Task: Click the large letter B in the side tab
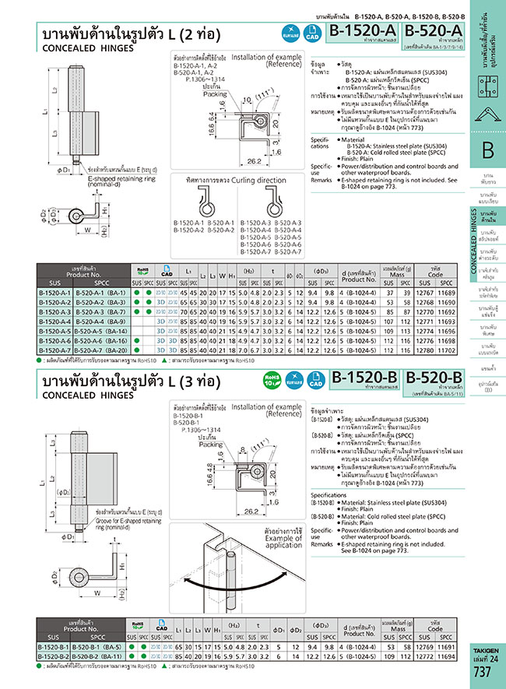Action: pyautogui.click(x=487, y=151)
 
